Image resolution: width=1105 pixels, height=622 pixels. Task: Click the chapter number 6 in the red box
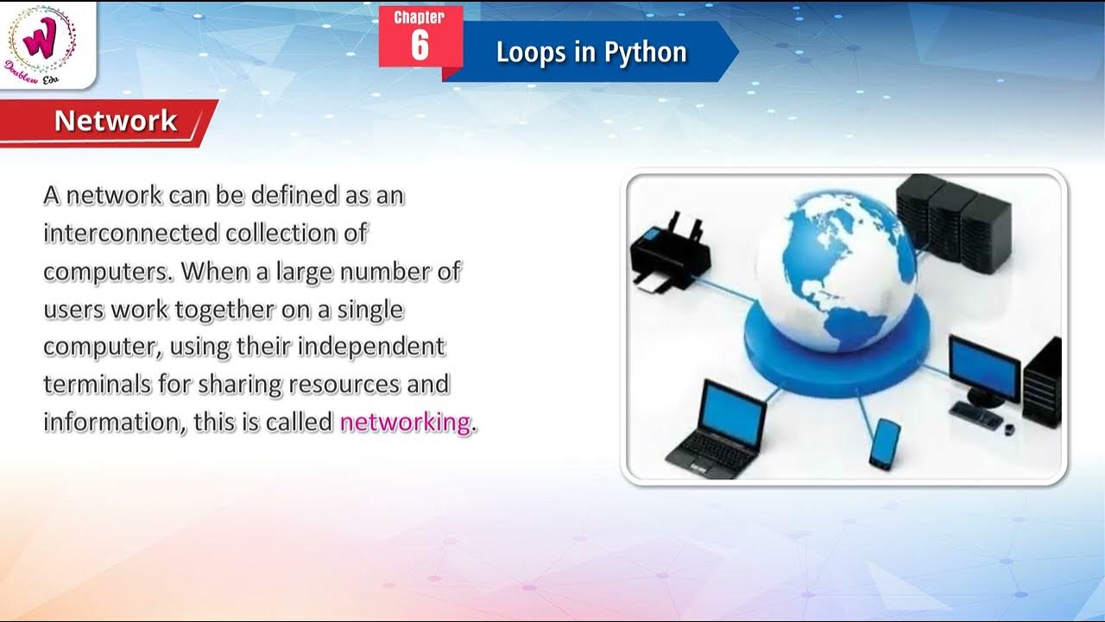click(420, 46)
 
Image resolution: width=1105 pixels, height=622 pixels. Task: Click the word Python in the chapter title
click(645, 52)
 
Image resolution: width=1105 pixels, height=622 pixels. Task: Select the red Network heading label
click(115, 121)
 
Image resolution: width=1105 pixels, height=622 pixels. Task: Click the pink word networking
click(405, 422)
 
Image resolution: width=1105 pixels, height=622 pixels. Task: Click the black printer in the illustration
click(670, 251)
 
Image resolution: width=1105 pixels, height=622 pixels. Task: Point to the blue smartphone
click(884, 443)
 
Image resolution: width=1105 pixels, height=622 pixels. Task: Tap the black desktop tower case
click(1043, 384)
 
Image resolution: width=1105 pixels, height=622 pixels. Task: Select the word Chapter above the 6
click(420, 17)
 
